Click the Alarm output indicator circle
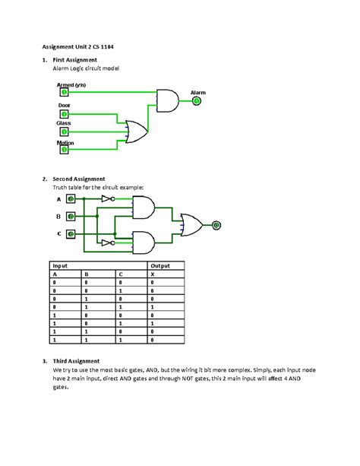click(197, 100)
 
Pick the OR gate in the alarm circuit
click(137, 132)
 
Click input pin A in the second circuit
click(70, 198)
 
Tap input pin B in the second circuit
click(70, 216)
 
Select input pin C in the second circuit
click(70, 233)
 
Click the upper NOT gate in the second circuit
click(108, 198)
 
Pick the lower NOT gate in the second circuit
click(108, 243)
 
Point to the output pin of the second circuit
click(216, 225)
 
